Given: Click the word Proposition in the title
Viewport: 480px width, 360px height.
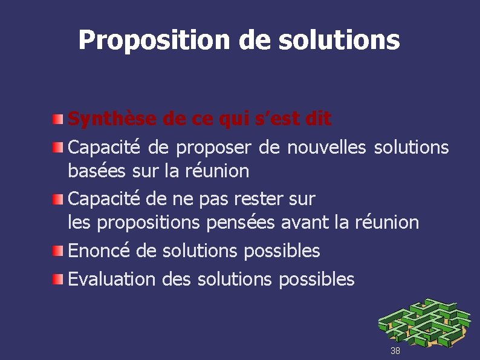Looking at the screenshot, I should pyautogui.click(x=153, y=41).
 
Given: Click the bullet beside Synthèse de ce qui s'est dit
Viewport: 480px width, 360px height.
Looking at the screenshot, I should pyautogui.click(x=56, y=116).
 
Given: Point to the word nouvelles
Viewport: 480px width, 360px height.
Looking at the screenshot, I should pyautogui.click(x=326, y=147).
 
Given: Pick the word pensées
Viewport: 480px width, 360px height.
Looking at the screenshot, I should pyautogui.click(x=241, y=223).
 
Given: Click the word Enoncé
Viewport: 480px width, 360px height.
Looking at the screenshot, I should pyautogui.click(x=100, y=250).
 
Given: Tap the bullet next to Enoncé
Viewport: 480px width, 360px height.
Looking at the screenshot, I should pyautogui.click(x=56, y=248).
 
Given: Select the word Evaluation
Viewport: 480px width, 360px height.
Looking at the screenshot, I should pyautogui.click(x=112, y=279).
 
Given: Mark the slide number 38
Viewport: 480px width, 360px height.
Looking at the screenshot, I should pyautogui.click(x=395, y=351).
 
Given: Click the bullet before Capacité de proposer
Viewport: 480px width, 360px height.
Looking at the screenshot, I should pyautogui.click(x=56, y=145).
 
